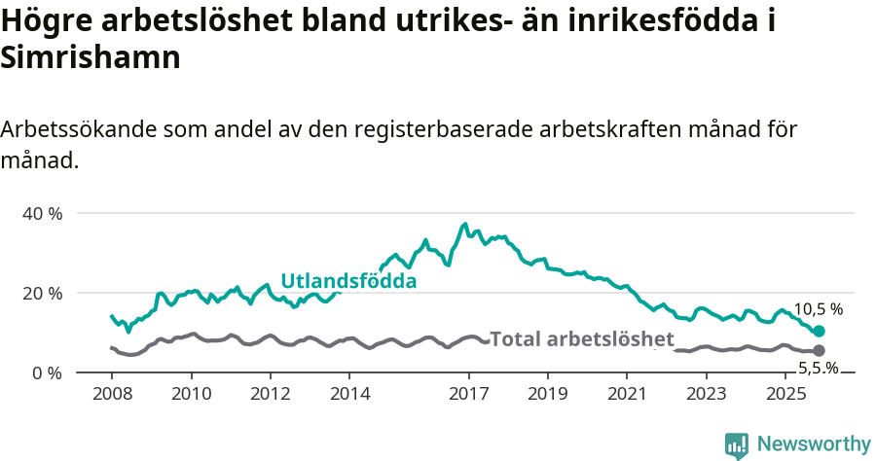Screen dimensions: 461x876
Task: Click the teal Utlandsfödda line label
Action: (x=348, y=281)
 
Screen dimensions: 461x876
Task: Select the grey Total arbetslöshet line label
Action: (x=581, y=339)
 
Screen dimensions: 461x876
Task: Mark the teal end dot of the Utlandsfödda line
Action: (x=819, y=332)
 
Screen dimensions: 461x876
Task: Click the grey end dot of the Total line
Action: (x=819, y=350)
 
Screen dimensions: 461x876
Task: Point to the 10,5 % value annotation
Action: (x=819, y=309)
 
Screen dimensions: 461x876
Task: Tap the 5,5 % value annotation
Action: (x=819, y=368)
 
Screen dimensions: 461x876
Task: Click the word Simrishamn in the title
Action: (x=91, y=57)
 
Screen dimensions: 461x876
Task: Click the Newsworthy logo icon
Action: (x=737, y=444)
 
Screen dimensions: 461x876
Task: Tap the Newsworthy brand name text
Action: (x=814, y=443)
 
